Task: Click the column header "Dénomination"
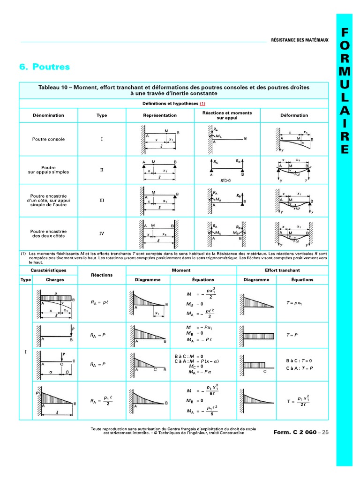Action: tap(48, 115)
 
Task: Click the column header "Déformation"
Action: tap(294, 115)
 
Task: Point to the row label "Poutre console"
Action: tap(48, 139)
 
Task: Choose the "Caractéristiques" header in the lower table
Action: tap(48, 270)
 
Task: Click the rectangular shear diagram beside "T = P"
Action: tap(258, 336)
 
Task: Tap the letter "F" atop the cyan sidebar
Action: tap(345, 32)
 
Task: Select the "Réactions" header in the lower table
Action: tap(102, 275)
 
